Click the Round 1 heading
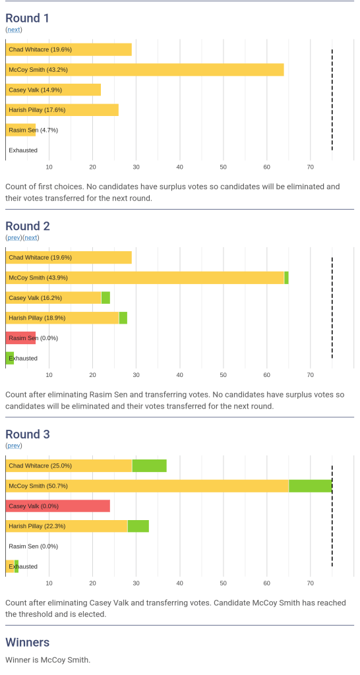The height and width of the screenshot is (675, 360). click(27, 18)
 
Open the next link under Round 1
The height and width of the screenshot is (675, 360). click(14, 30)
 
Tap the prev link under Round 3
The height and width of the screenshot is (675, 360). click(14, 446)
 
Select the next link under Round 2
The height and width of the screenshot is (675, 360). click(30, 237)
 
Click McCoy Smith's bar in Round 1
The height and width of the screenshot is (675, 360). click(144, 70)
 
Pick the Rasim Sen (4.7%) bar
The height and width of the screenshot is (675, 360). click(20, 130)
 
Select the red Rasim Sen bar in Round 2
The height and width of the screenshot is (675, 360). click(20, 338)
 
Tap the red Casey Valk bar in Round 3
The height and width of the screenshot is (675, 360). click(58, 506)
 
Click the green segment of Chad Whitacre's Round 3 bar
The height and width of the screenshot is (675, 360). click(150, 466)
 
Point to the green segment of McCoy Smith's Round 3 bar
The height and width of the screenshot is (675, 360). click(310, 486)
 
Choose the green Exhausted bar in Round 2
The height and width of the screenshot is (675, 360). click(10, 358)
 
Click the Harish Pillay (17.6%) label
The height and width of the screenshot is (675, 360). click(37, 110)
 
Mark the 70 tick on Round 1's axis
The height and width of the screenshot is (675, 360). click(310, 167)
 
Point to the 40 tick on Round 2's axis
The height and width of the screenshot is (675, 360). click(179, 375)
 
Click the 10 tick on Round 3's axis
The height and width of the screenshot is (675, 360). click(49, 583)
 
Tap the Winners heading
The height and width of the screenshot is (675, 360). click(28, 642)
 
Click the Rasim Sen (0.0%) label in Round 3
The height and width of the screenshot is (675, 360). click(34, 546)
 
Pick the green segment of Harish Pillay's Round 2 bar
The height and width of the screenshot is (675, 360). click(123, 318)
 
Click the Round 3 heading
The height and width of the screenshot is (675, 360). click(28, 434)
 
